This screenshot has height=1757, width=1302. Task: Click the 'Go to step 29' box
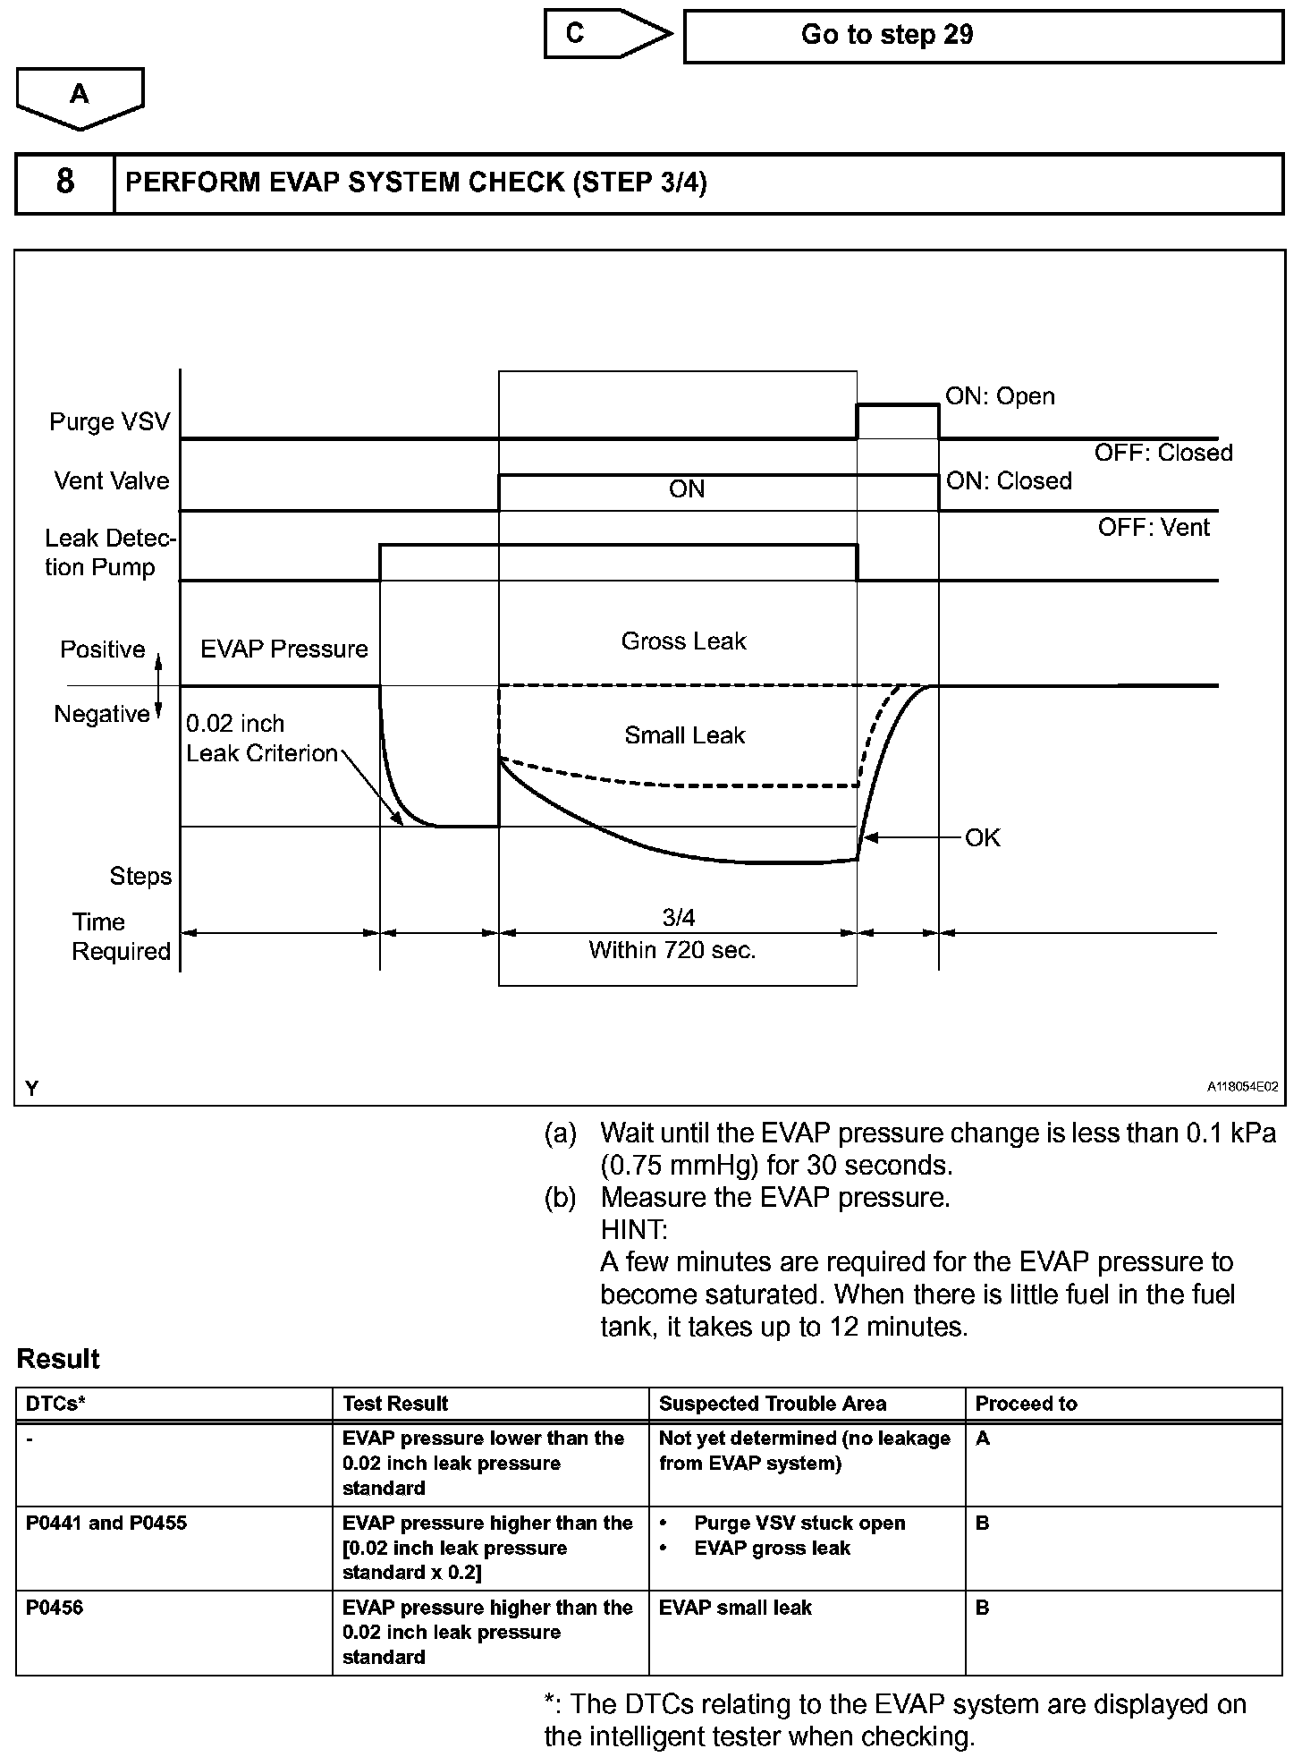point(983,36)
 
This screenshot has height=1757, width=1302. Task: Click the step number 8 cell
point(65,182)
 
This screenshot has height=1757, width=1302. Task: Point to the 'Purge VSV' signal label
point(109,421)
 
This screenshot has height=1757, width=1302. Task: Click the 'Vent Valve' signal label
point(112,481)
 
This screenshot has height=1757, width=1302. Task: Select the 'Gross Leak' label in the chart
point(683,641)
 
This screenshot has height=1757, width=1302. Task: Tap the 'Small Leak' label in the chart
point(684,735)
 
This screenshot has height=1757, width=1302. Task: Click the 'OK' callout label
point(982,838)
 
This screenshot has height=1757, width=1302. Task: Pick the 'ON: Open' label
point(1000,396)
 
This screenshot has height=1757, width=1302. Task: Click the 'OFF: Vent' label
point(1154,528)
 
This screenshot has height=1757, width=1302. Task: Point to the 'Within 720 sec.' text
point(672,950)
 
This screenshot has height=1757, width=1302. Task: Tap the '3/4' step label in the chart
point(678,918)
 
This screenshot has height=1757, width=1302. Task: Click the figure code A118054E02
point(1242,1087)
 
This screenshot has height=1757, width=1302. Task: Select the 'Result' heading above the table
point(58,1359)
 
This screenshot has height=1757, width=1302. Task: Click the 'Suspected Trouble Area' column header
point(772,1404)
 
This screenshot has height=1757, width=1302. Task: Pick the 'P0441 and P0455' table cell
point(106,1523)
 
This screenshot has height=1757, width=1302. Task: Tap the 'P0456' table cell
point(55,1608)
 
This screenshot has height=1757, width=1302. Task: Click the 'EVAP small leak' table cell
point(735,1608)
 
